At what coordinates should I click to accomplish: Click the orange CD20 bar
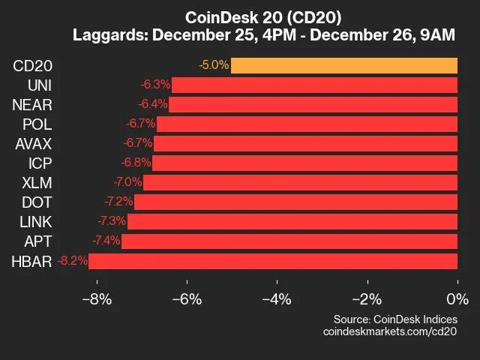click(x=343, y=65)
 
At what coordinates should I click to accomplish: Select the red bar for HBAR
click(x=273, y=261)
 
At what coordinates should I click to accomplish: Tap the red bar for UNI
click(x=314, y=85)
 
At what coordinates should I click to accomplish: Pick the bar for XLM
click(x=300, y=182)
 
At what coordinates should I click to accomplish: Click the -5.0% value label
click(x=214, y=65)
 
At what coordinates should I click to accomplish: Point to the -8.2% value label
click(x=72, y=261)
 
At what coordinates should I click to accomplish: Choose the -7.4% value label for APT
click(x=106, y=241)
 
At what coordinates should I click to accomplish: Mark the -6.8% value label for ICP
click(x=136, y=163)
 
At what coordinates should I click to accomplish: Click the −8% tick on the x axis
click(x=96, y=298)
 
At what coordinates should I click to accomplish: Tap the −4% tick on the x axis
click(x=277, y=298)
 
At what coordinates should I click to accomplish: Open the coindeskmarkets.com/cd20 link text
click(x=390, y=331)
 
